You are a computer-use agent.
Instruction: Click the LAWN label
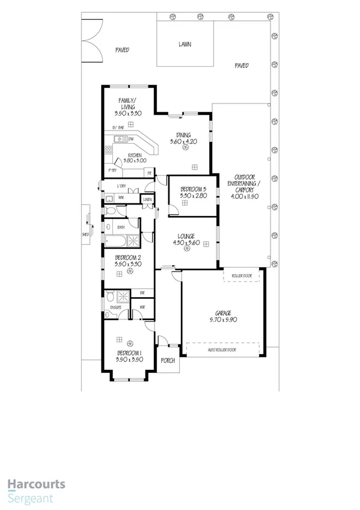click(185, 44)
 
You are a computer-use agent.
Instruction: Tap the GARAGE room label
click(224, 313)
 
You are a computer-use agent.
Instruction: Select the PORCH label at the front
click(168, 361)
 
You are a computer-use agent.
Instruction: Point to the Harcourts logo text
click(36, 484)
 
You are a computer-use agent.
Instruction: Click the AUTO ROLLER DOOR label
click(222, 349)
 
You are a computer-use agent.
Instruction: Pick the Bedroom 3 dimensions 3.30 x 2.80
click(194, 195)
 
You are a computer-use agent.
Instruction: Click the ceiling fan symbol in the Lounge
click(187, 248)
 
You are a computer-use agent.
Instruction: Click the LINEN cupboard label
click(147, 199)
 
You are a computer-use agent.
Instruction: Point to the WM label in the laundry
click(121, 197)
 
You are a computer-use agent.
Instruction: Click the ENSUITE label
click(115, 307)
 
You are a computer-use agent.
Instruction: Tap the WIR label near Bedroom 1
click(142, 307)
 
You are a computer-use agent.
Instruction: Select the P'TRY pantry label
click(112, 171)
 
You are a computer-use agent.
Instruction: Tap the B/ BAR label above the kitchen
click(118, 128)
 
